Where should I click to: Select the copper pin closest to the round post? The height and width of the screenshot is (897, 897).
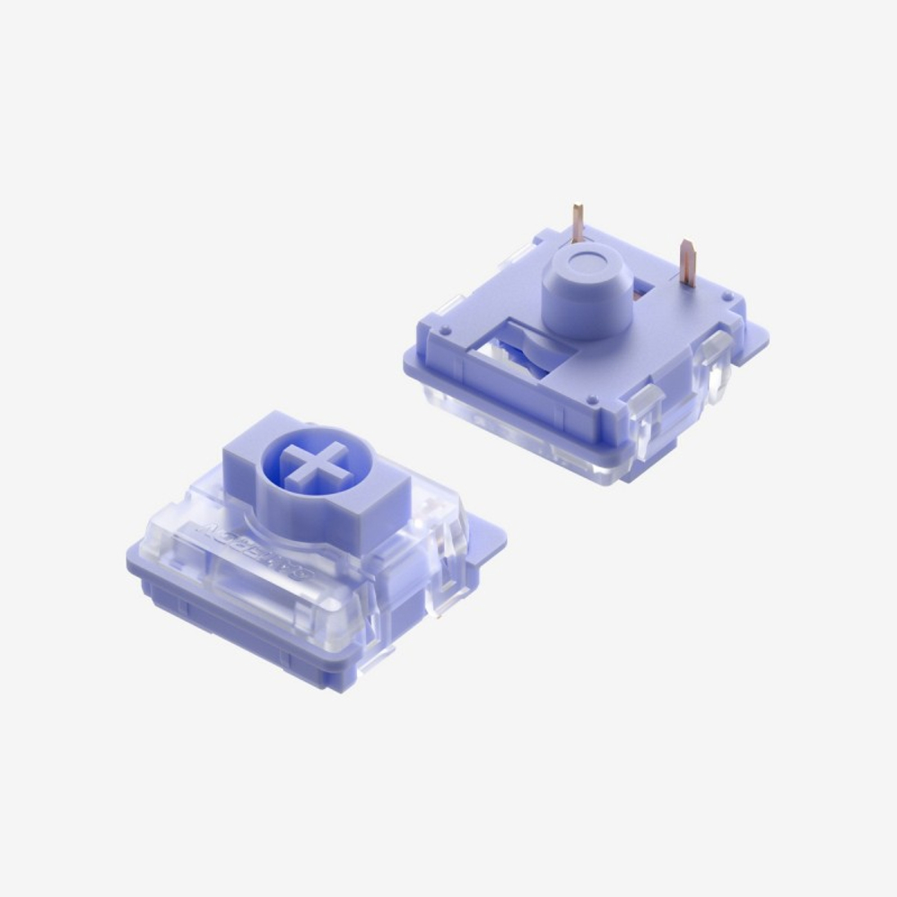(x=577, y=224)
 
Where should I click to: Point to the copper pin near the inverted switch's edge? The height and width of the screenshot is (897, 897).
(x=688, y=263)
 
